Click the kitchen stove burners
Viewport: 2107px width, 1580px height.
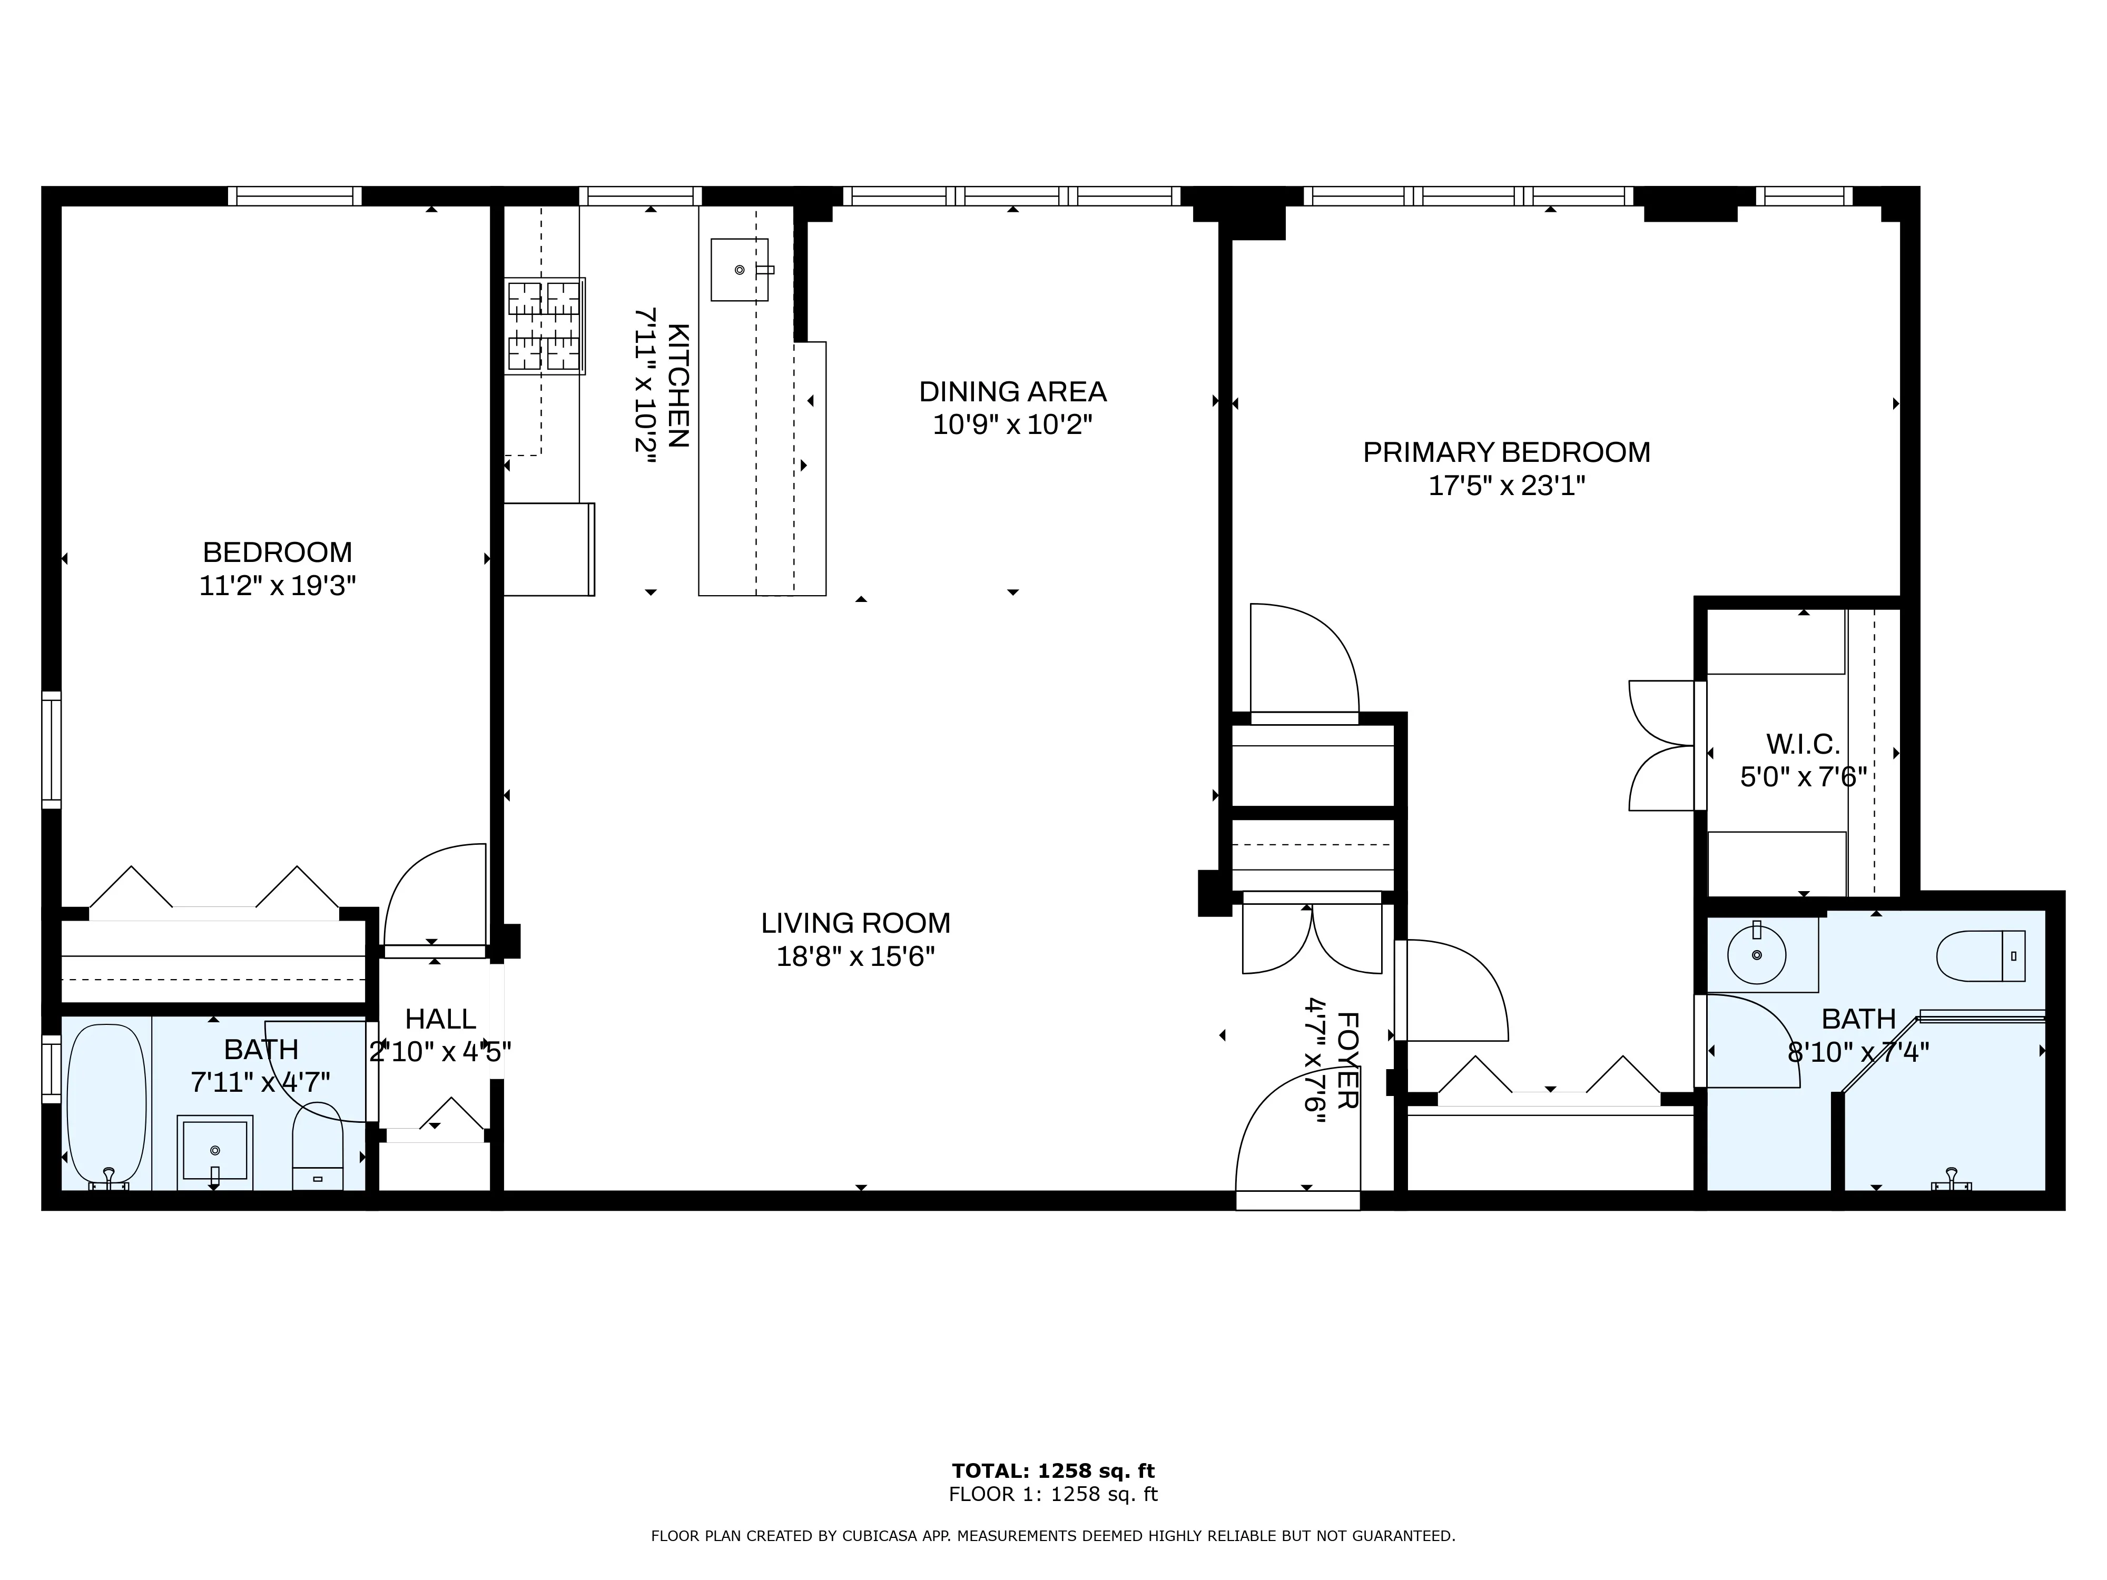pos(544,325)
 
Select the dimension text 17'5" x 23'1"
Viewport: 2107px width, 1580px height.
pos(1506,486)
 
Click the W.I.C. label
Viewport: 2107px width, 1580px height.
pos(1802,744)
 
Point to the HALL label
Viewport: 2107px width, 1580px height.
pos(440,1019)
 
